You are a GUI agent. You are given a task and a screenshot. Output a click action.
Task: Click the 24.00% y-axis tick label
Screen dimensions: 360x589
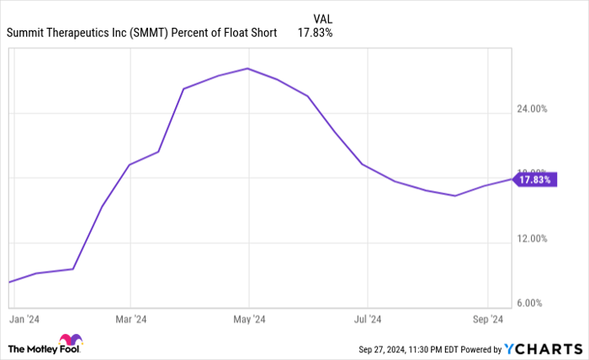pos(532,109)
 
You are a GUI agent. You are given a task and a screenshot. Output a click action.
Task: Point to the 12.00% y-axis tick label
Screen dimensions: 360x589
pos(532,238)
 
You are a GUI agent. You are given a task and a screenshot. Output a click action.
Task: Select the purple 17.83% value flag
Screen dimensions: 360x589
pos(534,179)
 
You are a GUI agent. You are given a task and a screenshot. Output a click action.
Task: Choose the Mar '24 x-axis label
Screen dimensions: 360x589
pos(130,319)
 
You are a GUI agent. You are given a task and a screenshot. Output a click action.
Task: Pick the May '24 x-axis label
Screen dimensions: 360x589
pos(249,319)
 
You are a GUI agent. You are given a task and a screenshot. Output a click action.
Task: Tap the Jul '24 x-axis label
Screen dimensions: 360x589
pos(368,319)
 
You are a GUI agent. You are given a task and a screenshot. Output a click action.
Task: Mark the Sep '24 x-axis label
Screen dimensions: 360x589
pos(487,319)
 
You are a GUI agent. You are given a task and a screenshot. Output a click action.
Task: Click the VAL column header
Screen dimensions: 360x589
pos(322,18)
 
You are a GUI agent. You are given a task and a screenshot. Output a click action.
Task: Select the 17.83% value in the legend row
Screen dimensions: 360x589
pos(316,34)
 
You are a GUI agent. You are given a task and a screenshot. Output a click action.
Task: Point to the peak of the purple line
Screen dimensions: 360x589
pos(247,68)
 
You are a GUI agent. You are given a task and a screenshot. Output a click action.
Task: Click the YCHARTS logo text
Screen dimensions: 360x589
pos(543,348)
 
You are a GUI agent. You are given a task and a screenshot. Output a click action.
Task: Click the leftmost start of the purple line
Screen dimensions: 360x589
pos(8,282)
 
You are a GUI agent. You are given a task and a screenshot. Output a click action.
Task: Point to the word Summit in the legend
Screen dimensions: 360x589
pos(26,34)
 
